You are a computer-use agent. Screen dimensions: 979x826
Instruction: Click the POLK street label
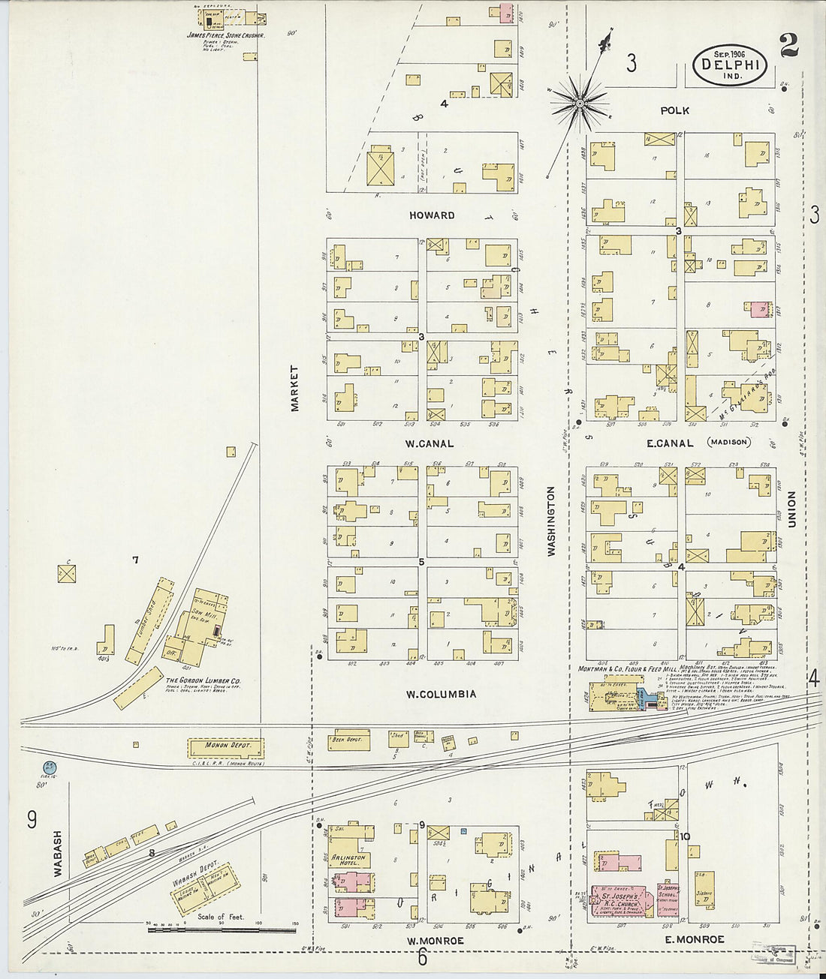(674, 110)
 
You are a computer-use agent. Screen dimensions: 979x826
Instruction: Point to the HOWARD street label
(432, 215)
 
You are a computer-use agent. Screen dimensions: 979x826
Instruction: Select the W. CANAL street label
(429, 443)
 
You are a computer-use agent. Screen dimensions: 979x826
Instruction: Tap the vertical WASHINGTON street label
(551, 521)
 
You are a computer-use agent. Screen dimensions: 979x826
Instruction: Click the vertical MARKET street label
(295, 388)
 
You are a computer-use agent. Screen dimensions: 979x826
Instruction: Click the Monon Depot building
(225, 748)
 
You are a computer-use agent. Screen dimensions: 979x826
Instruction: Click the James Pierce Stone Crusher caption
(225, 35)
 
